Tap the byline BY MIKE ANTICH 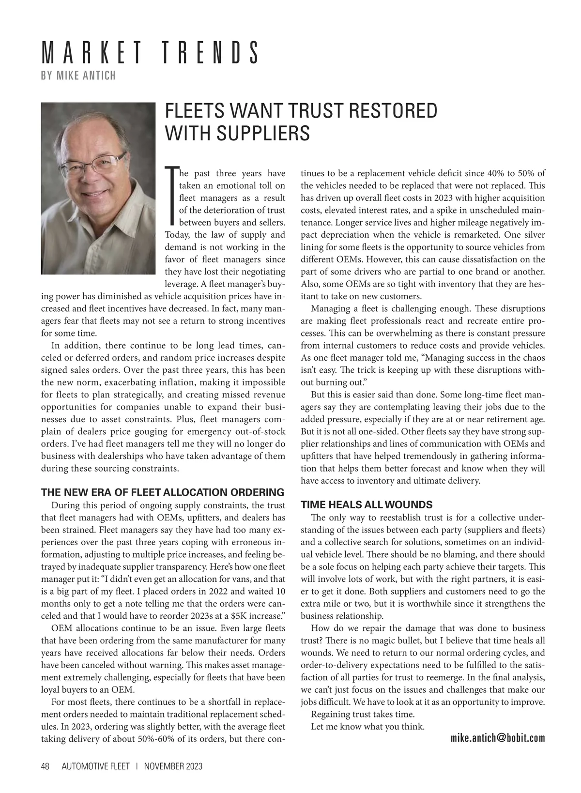click(78, 76)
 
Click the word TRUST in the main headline click(314, 111)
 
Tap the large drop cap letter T click(171, 196)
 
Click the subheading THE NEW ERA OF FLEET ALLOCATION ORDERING click(162, 493)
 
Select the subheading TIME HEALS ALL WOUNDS click(367, 504)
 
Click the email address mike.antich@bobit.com click(497, 738)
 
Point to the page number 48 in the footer click(46, 766)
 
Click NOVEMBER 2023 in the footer click(173, 766)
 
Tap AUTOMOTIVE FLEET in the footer click(95, 766)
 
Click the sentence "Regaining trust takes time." click(363, 714)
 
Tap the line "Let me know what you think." click(367, 726)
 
